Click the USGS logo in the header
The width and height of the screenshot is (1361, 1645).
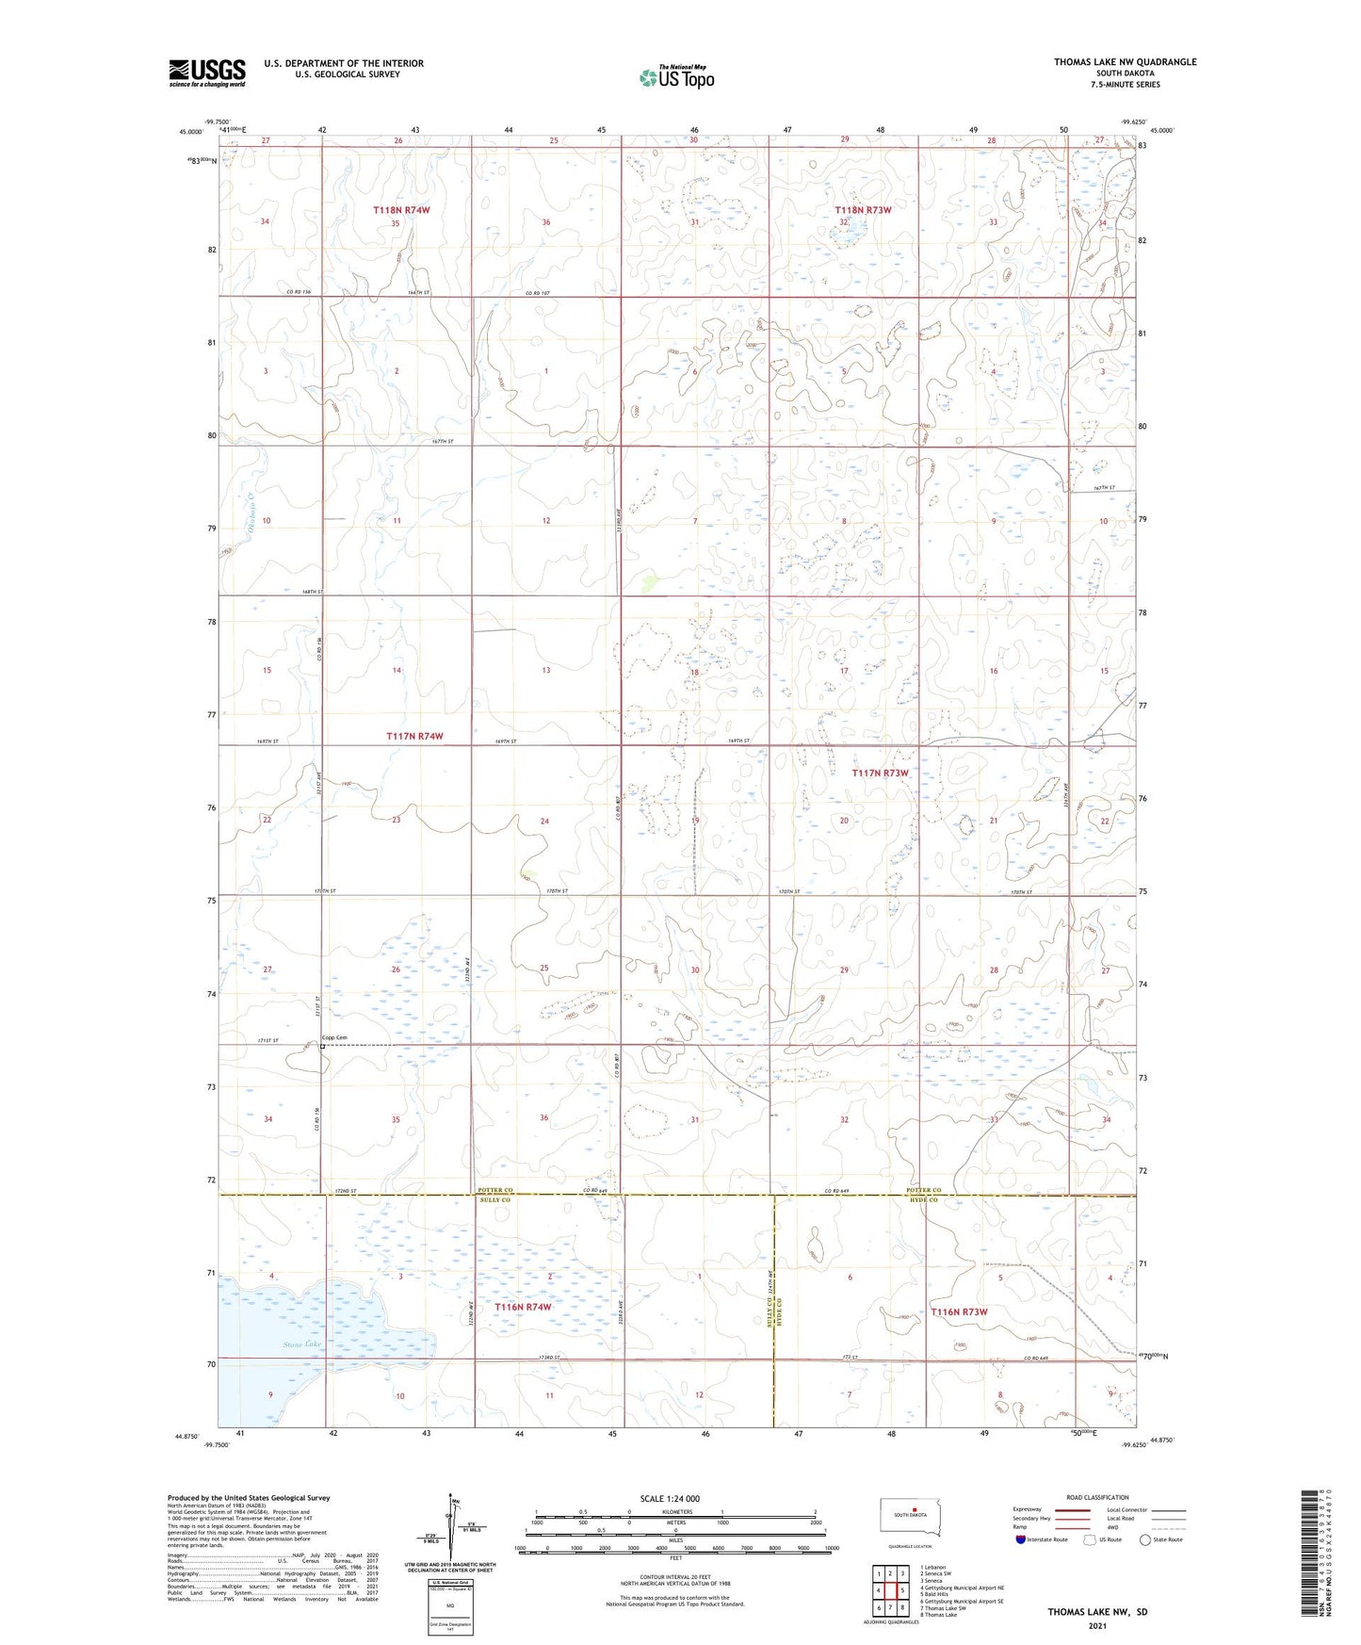click(206, 72)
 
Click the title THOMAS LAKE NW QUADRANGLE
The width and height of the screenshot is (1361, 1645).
click(1125, 62)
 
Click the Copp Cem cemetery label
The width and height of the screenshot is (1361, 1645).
click(335, 1038)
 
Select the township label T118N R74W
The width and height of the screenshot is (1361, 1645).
click(400, 210)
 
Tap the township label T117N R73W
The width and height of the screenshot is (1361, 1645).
click(880, 773)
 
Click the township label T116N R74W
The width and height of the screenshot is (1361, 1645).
click(523, 1307)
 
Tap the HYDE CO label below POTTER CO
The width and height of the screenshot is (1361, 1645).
click(923, 1200)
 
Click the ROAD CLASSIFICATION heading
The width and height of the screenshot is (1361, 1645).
click(1097, 1497)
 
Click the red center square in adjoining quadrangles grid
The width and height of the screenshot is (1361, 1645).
click(889, 1590)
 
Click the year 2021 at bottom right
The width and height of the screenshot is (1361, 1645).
click(1097, 1626)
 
